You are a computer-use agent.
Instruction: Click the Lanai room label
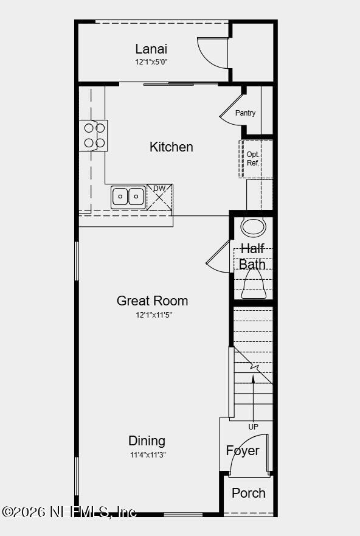pos(151,49)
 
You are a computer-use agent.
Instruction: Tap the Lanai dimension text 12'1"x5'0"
pos(151,62)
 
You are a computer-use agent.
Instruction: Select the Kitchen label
pos(171,147)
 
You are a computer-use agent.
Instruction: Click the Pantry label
pos(245,113)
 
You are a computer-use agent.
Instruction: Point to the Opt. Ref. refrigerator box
pos(254,159)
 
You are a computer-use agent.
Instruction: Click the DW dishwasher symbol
pos(159,197)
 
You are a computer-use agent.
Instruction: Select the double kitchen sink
pos(128,197)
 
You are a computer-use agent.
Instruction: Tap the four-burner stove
pos(94,136)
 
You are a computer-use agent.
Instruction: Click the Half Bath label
pos(252,256)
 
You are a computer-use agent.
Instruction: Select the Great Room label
pos(152,301)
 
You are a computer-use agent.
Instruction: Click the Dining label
pos(147,440)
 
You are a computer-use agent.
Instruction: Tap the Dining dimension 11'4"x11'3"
pos(147,454)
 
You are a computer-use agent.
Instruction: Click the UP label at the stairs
pos(253,427)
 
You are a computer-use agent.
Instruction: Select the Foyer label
pos(243,450)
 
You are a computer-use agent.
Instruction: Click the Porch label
pos(249,493)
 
